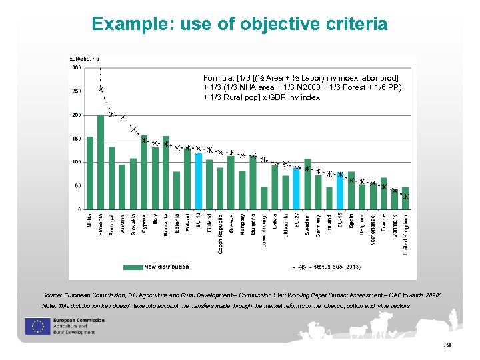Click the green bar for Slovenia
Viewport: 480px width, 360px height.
pyautogui.click(x=101, y=163)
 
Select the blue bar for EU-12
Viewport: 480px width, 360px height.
pyautogui.click(x=198, y=181)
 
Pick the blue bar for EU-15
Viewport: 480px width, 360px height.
pyautogui.click(x=340, y=191)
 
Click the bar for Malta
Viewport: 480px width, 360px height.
pyautogui.click(x=90, y=173)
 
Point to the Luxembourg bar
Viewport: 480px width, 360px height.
pyautogui.click(x=264, y=198)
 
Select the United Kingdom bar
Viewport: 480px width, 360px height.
pyautogui.click(x=405, y=198)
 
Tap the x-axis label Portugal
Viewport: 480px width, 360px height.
pyautogui.click(x=111, y=225)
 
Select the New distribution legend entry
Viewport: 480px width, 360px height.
pyautogui.click(x=165, y=267)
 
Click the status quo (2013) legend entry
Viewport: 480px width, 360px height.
pyautogui.click(x=337, y=267)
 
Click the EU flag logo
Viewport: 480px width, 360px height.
pyautogui.click(x=35, y=326)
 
